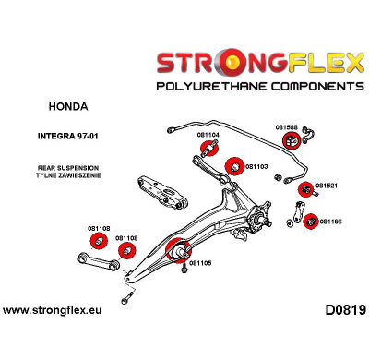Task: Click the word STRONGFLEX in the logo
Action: (250, 64)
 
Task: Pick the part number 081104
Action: (208, 135)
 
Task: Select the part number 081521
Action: (327, 185)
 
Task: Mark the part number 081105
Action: (200, 262)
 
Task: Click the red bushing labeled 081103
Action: (234, 165)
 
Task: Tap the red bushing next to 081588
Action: (290, 141)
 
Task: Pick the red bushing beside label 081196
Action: (312, 221)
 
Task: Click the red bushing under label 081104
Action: (209, 151)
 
